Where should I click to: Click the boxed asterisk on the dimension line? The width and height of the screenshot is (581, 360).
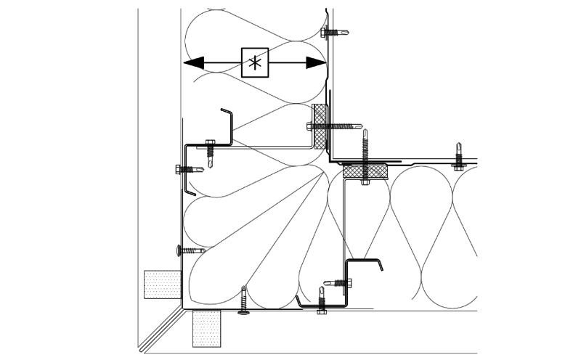click(254, 62)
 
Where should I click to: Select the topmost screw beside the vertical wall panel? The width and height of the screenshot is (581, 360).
click(336, 32)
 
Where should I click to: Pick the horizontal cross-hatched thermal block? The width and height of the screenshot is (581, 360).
click(365, 171)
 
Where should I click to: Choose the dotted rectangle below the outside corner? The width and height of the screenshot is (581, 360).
click(206, 328)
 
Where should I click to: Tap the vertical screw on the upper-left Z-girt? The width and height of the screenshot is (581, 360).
click(210, 151)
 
